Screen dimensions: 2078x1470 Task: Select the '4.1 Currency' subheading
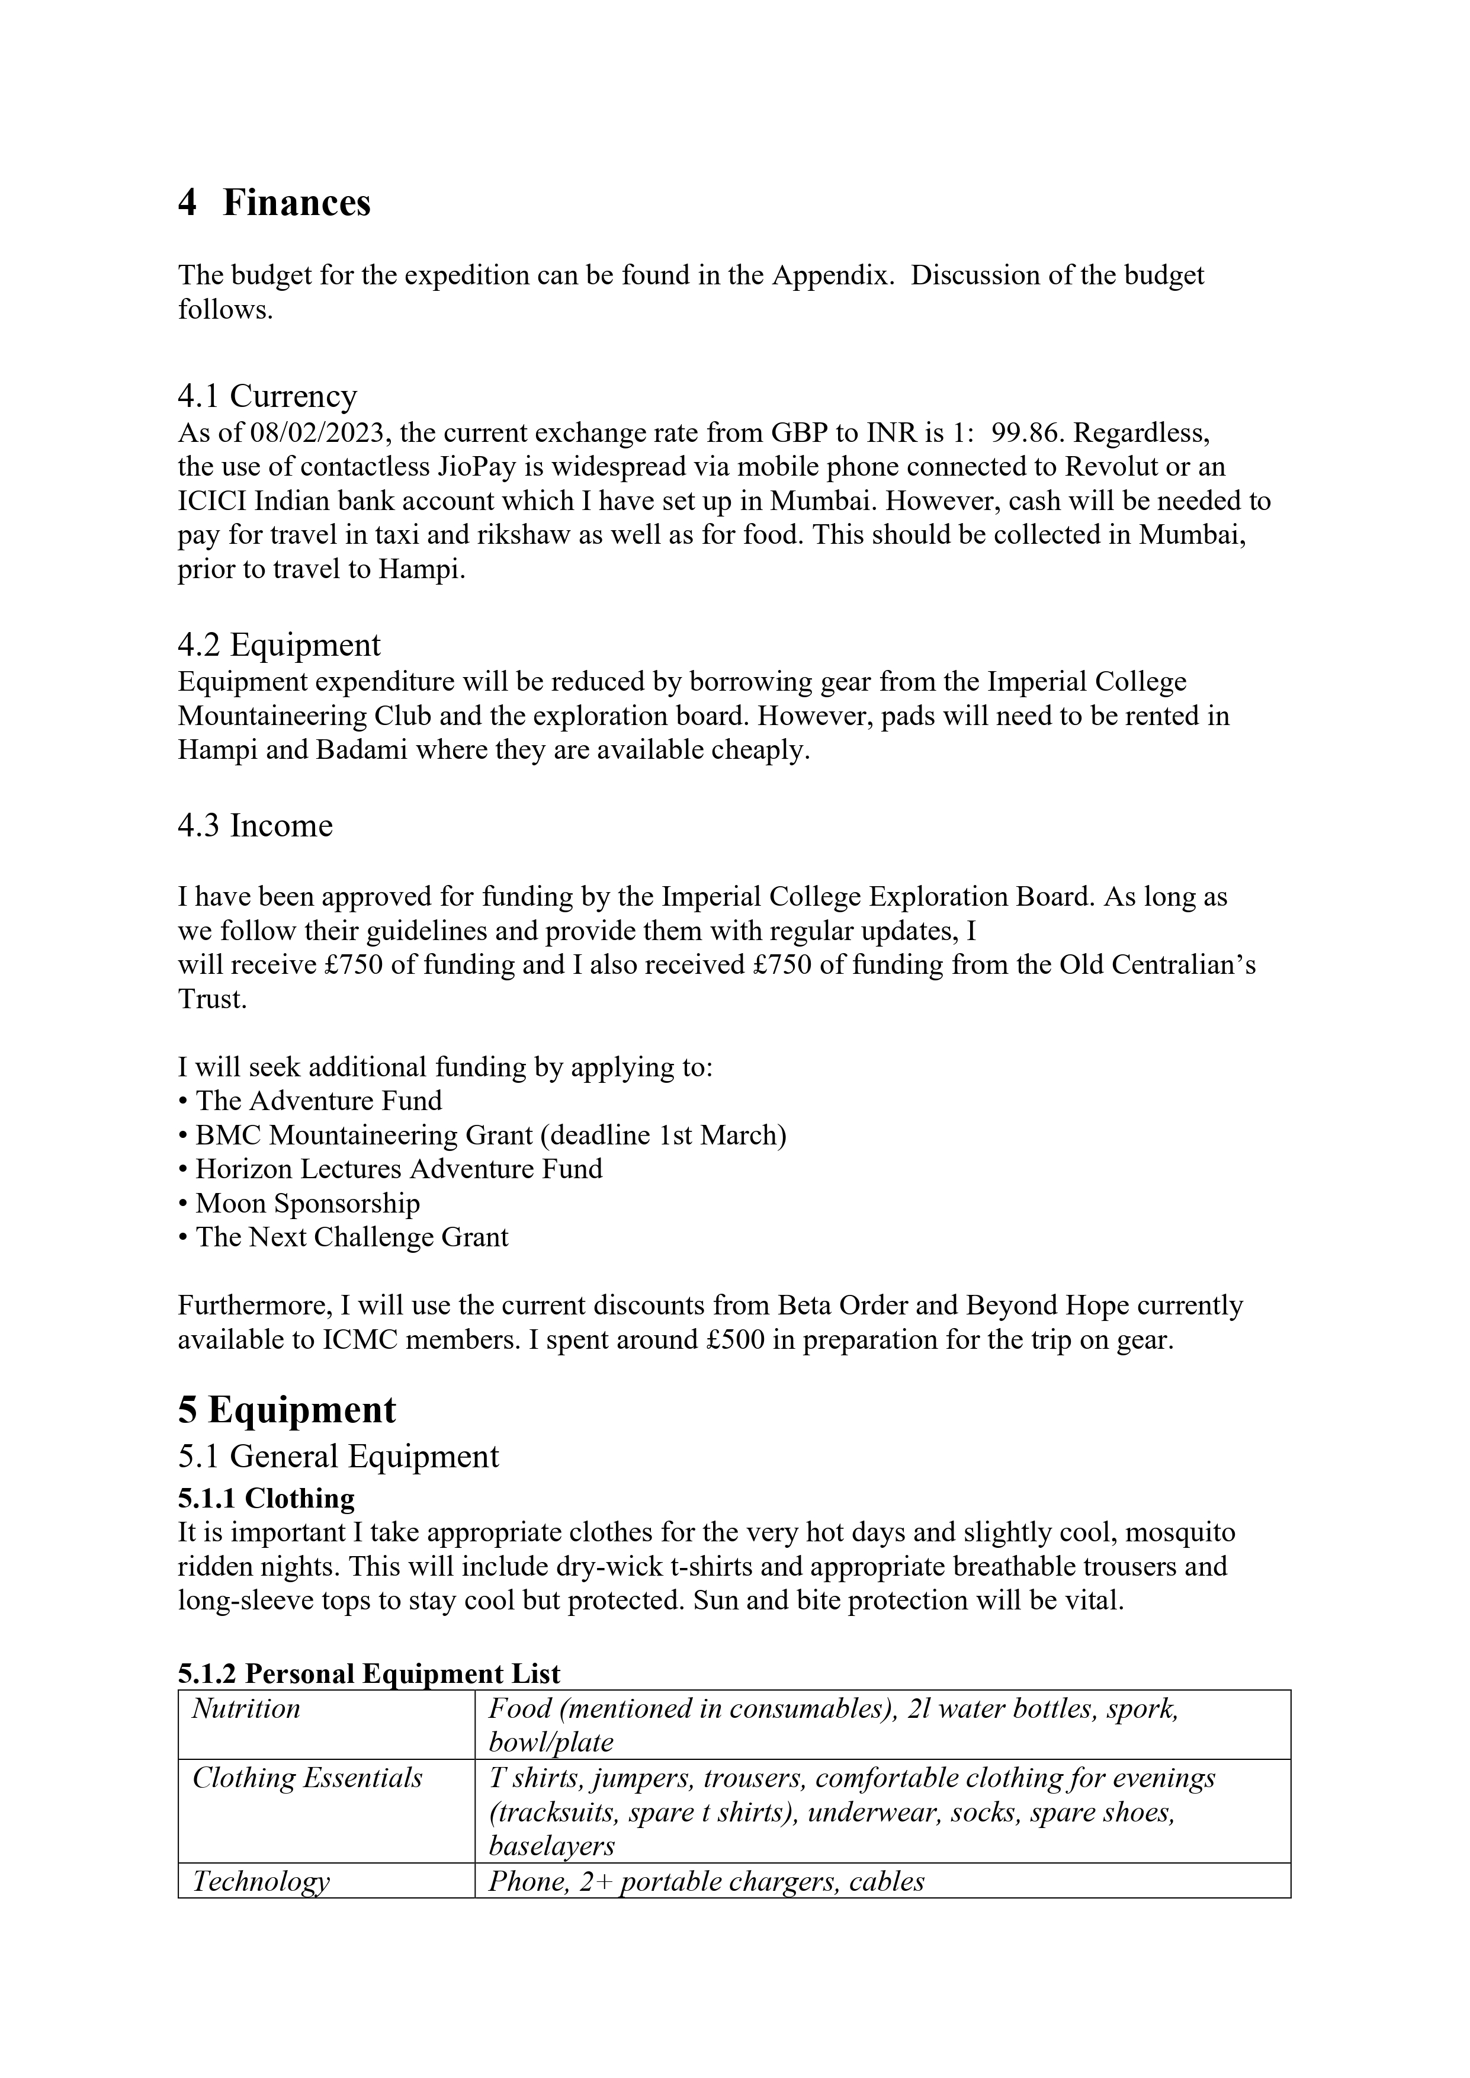(267, 396)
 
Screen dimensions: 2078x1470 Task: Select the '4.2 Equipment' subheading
(279, 644)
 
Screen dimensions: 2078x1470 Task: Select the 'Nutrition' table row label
(246, 1709)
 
